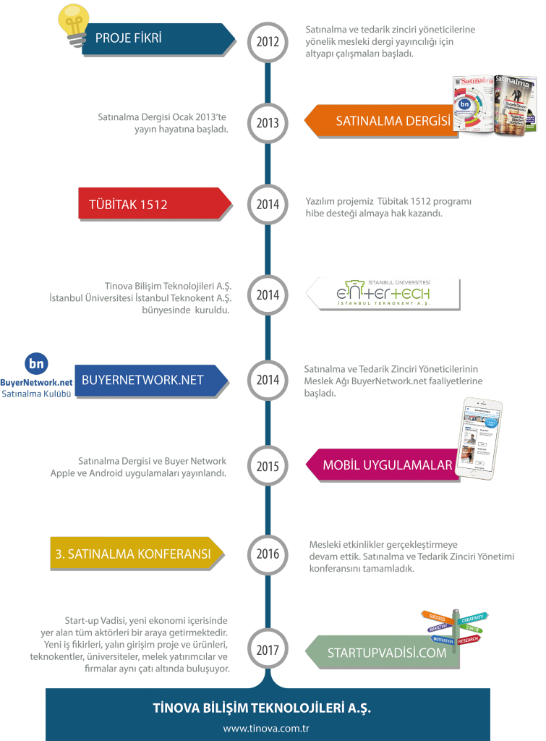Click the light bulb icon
[x=73, y=24]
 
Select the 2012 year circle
[x=268, y=41]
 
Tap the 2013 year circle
[x=268, y=123]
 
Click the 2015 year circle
[x=268, y=466]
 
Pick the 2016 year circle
[x=268, y=555]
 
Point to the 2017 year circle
[x=268, y=650]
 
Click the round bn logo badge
[x=36, y=363]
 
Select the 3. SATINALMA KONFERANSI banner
[x=135, y=554]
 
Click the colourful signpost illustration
[x=455, y=628]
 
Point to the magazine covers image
[x=495, y=105]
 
